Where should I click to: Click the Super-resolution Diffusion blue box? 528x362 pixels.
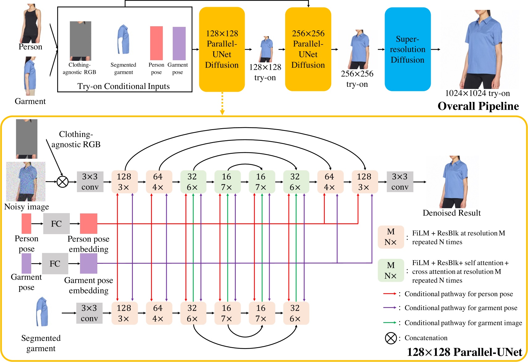coord(407,49)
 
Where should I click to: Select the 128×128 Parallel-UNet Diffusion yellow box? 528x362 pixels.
coord(222,49)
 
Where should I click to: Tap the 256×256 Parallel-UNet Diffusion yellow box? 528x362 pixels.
coord(308,49)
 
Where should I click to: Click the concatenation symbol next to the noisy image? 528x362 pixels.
coord(63,182)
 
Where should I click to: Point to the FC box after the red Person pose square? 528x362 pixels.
coord(56,224)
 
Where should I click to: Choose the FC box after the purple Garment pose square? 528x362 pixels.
coord(55,263)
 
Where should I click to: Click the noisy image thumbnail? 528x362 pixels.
coord(26,182)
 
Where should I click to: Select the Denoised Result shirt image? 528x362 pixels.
coord(453,182)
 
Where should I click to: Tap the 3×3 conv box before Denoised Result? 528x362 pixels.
coord(400,182)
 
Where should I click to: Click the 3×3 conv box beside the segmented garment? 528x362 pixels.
coord(89,313)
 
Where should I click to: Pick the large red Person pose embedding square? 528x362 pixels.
coord(89,224)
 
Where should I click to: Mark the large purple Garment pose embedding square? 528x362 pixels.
coord(89,263)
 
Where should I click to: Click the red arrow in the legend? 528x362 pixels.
coord(389,294)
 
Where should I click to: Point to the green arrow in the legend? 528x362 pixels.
coord(389,323)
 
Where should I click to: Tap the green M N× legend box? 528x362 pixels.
coord(391,270)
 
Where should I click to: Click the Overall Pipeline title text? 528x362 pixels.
coord(478,106)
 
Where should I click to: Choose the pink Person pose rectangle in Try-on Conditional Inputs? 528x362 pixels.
coord(156,43)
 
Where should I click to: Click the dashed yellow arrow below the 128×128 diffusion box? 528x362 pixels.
coord(222,103)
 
